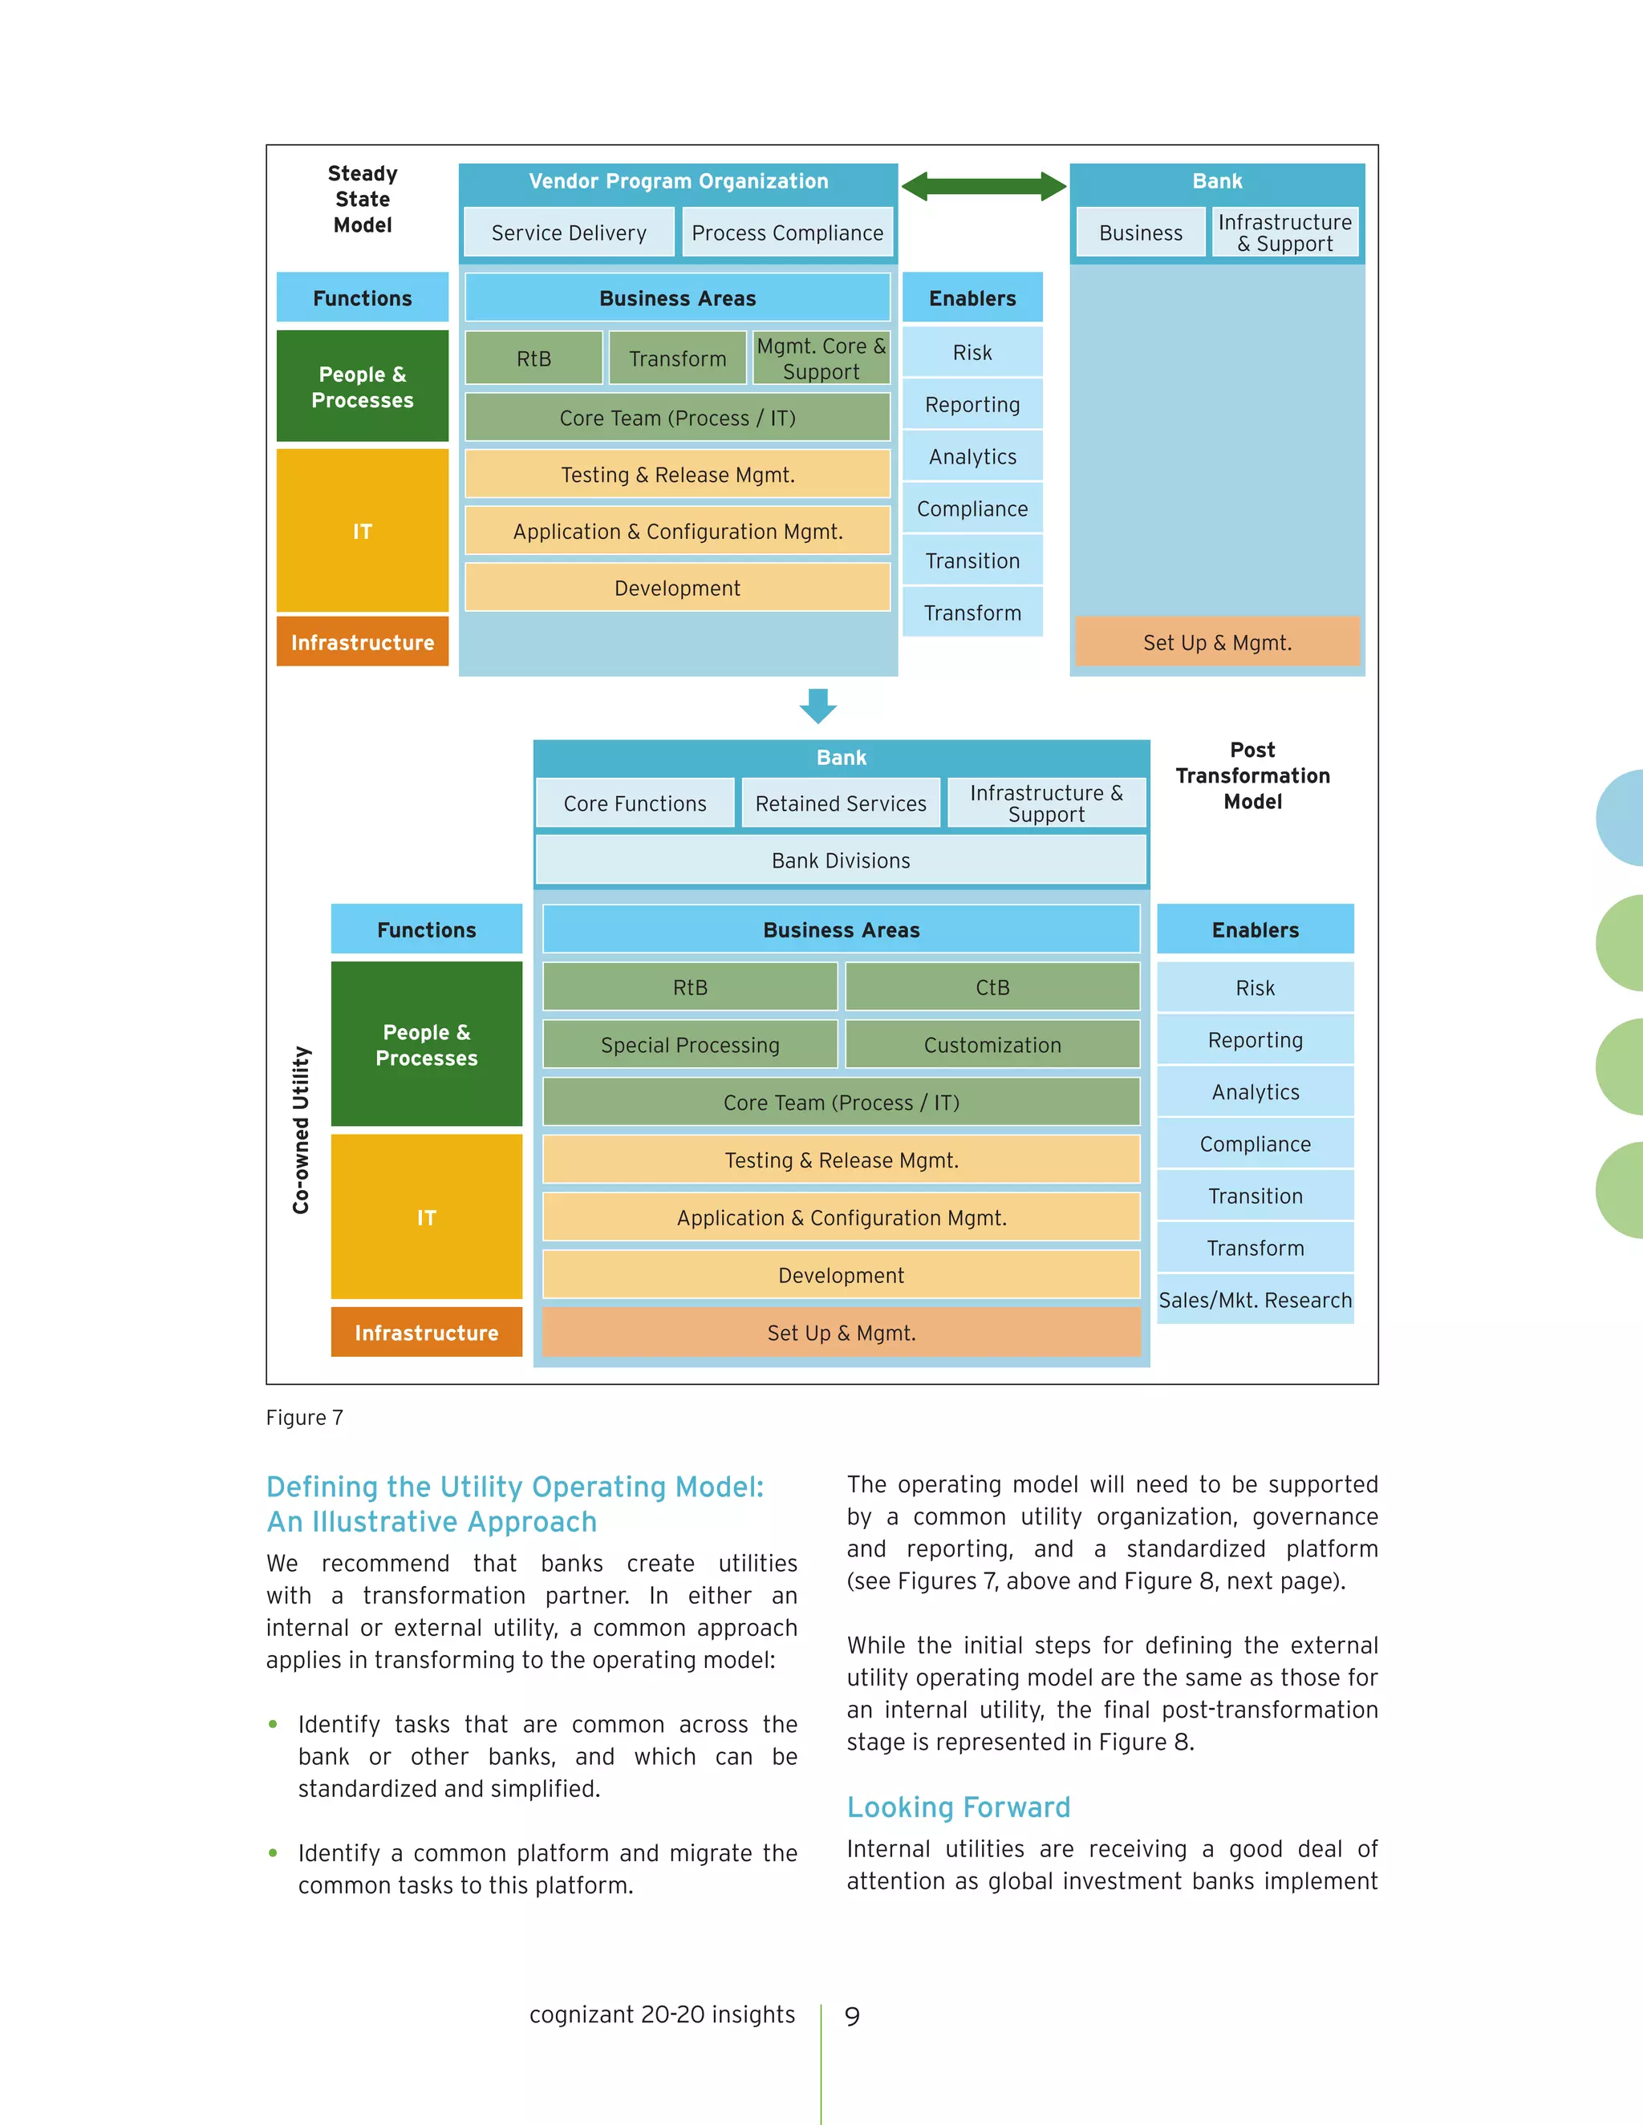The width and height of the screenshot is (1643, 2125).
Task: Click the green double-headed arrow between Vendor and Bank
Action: coord(983,186)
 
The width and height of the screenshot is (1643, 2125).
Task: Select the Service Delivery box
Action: coord(569,233)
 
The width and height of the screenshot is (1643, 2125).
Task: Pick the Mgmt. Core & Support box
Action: coord(821,358)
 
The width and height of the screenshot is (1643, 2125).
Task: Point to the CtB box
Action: coord(992,986)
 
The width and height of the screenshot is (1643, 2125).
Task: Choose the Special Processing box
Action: coord(690,1045)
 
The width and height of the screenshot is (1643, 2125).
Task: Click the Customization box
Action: coord(992,1045)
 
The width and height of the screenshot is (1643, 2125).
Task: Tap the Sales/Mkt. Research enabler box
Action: coord(1255,1300)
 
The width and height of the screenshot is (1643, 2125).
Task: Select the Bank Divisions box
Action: coord(841,860)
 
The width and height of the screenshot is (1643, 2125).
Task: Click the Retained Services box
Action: coord(841,803)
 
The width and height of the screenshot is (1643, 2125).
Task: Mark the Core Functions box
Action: coord(635,803)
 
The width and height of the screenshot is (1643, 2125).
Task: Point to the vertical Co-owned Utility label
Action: coord(302,1130)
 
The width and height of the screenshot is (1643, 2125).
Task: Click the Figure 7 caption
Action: coord(305,1418)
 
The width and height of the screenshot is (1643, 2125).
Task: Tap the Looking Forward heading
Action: coord(958,1807)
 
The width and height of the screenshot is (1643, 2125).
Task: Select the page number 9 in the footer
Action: coord(853,2016)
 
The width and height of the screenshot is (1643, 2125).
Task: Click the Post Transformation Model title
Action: coord(1252,775)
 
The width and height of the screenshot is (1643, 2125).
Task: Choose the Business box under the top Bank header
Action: coord(1141,233)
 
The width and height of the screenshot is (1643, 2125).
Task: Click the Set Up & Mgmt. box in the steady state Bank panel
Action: coord(1217,642)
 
